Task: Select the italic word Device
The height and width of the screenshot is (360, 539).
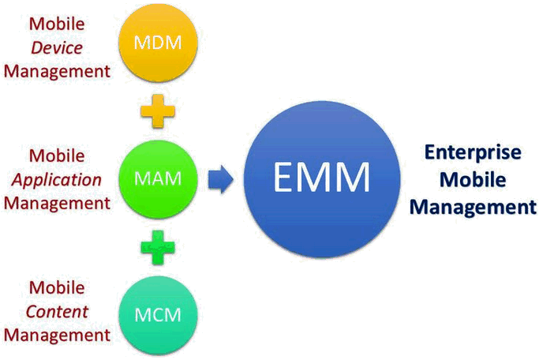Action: tap(57, 48)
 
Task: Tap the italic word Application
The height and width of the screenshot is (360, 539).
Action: tap(56, 179)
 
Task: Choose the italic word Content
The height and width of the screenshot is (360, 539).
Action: tap(57, 311)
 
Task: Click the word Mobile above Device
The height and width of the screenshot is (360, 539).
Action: tap(57, 24)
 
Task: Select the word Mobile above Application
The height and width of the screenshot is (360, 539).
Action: tap(57, 156)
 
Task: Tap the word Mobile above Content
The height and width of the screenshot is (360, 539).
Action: tap(57, 287)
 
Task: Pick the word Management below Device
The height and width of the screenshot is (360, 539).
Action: tap(57, 72)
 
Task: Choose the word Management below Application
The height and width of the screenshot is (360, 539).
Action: tap(57, 203)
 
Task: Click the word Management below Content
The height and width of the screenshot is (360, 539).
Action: tap(57, 335)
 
